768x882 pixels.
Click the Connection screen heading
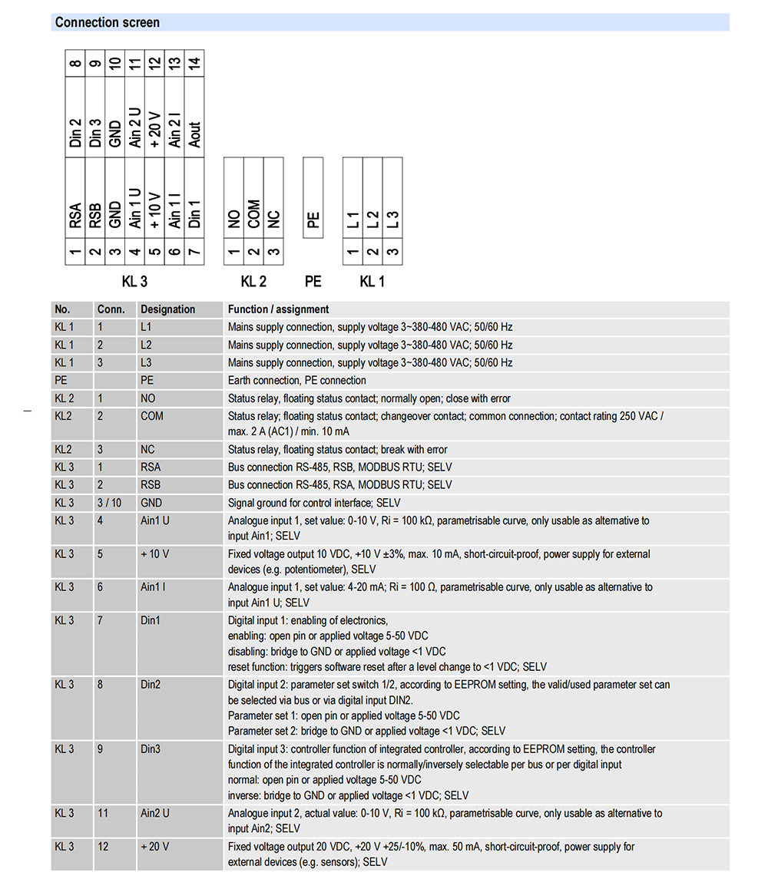pyautogui.click(x=108, y=22)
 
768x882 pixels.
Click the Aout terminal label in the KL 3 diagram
pyautogui.click(x=195, y=134)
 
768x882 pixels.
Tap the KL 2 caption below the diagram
pyautogui.click(x=253, y=282)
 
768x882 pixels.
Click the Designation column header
pyautogui.click(x=167, y=309)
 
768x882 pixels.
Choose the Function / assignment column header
pyautogui.click(x=278, y=309)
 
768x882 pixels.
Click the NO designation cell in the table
pyautogui.click(x=148, y=398)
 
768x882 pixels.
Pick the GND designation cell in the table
pyautogui.click(x=151, y=503)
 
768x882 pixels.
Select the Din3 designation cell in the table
pyautogui.click(x=151, y=749)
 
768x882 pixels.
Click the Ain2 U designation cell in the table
pyautogui.click(x=155, y=813)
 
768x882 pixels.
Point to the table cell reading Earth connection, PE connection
pyautogui.click(x=296, y=380)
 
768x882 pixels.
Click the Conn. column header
pyautogui.click(x=111, y=309)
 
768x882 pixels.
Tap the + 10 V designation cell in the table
pyautogui.click(x=154, y=553)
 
